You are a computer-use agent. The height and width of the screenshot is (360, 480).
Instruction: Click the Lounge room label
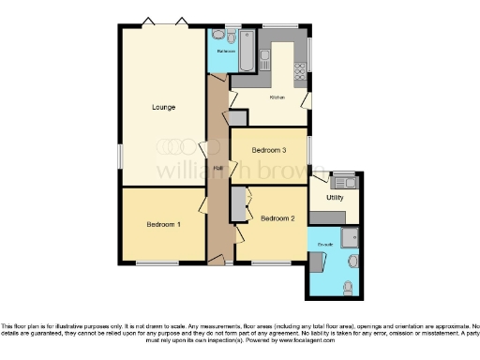[x=164, y=108]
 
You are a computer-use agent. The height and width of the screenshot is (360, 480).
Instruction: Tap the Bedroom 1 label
[x=164, y=225]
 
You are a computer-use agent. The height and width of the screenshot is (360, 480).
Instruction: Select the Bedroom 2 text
[x=278, y=219]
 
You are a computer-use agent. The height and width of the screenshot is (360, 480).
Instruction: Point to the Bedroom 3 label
[x=270, y=150]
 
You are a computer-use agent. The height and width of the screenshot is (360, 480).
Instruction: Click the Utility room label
[x=335, y=198]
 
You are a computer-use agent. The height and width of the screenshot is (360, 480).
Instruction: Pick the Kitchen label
[x=277, y=97]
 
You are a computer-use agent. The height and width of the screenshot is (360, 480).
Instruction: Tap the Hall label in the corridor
[x=217, y=168]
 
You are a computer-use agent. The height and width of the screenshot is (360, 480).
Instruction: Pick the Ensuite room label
[x=325, y=244]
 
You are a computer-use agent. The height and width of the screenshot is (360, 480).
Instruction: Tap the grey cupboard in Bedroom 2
[x=238, y=202]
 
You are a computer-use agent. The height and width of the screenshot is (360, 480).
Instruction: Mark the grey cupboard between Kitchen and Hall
[x=238, y=119]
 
